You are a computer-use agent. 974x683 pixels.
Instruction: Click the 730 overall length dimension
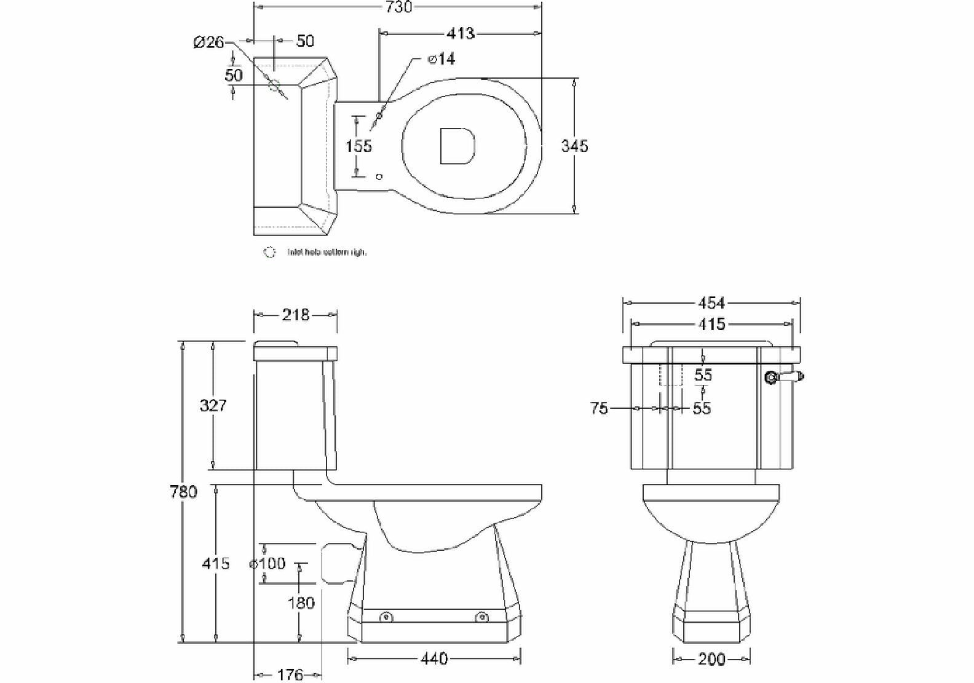tap(399, 7)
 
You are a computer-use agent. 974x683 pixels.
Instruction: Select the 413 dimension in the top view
tap(461, 33)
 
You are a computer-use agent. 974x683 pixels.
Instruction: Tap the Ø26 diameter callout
tap(208, 42)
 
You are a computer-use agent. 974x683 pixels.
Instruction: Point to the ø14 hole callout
tap(441, 59)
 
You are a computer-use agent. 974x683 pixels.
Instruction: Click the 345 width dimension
tap(574, 146)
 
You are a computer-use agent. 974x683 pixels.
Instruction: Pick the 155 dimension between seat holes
tap(358, 146)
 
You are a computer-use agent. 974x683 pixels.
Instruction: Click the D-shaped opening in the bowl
tap(457, 146)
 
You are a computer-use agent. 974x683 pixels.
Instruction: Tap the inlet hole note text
tap(327, 252)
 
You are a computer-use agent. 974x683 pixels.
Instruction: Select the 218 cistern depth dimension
tap(295, 315)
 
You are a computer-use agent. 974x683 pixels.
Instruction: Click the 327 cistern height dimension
tap(213, 405)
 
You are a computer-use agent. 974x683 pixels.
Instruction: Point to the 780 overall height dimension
tap(183, 492)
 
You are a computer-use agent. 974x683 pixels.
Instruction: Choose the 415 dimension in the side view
tap(215, 563)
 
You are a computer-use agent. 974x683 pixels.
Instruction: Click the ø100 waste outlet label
tap(267, 563)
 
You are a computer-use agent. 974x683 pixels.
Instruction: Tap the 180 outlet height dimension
tap(301, 602)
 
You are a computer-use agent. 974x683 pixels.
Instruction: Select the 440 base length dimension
tap(434, 658)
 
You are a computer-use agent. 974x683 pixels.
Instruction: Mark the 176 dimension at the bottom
tap(290, 674)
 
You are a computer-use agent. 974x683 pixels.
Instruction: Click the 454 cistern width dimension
tap(711, 302)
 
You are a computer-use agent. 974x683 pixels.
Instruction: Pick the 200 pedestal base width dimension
tap(711, 660)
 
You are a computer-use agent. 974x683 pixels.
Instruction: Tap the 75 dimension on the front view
tap(598, 408)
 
